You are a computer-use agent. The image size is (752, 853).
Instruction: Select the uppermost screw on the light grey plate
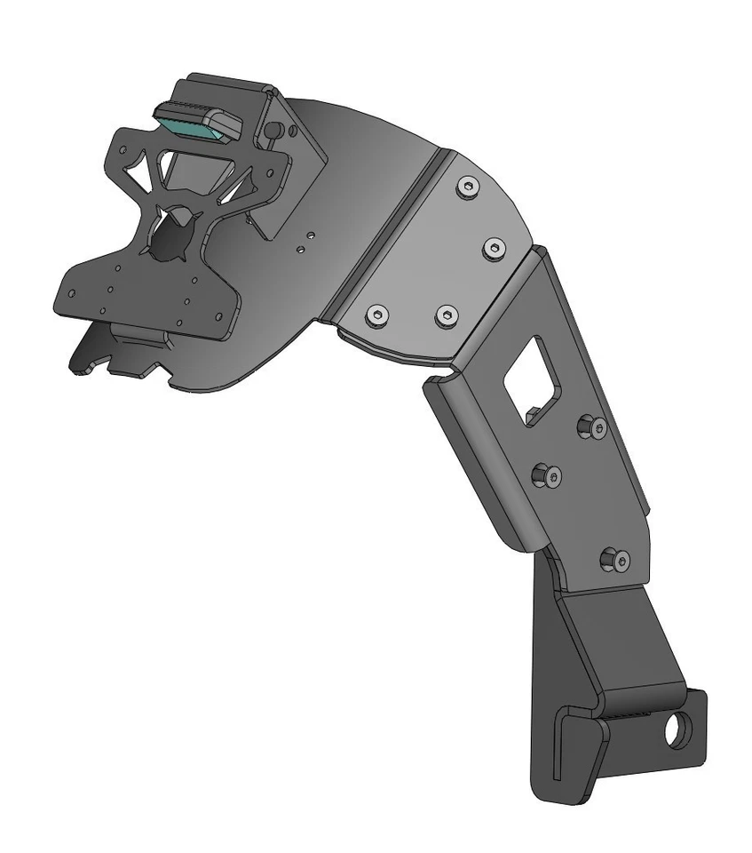(467, 187)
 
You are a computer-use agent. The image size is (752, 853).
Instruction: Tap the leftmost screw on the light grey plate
(377, 315)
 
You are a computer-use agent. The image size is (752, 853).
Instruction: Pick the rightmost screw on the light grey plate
(493, 248)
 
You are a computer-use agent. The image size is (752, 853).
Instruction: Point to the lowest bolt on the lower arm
(614, 560)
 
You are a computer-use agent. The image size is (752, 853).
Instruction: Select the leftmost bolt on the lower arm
(546, 477)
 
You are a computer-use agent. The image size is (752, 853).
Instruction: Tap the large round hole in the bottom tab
(678, 730)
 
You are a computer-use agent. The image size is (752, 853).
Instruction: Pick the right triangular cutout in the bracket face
(245, 183)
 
